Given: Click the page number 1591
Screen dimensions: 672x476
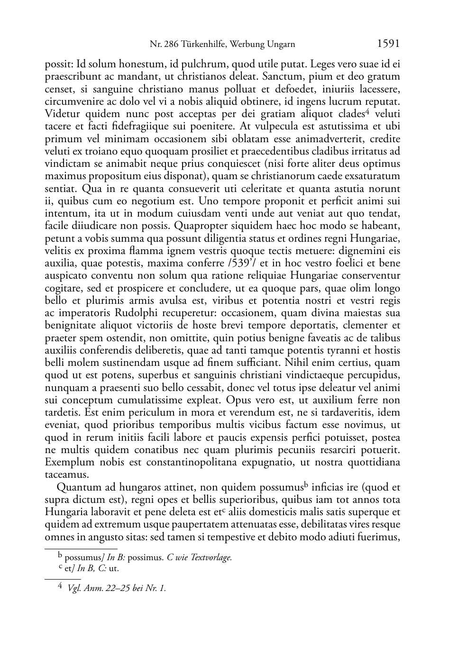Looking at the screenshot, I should click(x=388, y=44).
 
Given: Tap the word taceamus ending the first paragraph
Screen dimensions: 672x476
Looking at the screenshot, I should click(x=66, y=474).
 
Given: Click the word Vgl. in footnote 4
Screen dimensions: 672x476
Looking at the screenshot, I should click(x=74, y=589).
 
